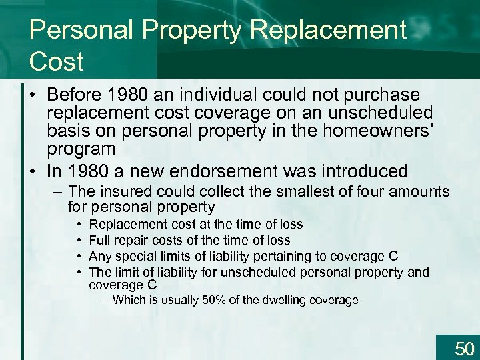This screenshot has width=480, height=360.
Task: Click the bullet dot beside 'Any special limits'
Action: tap(79, 256)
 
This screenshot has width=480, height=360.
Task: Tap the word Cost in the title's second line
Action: tap(56, 62)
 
